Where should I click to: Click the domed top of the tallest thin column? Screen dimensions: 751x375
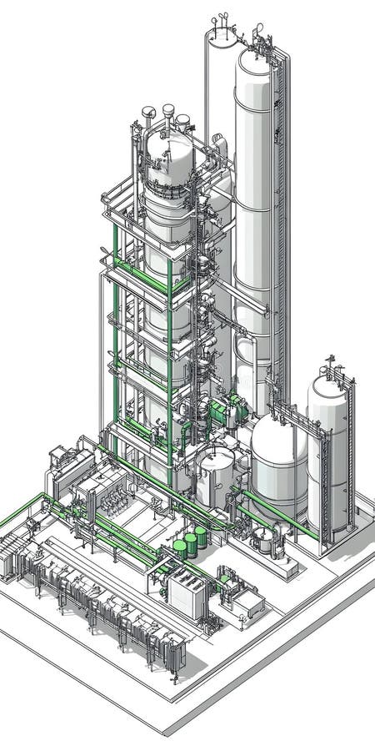coord(222,34)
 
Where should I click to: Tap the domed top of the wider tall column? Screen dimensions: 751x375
coord(254,63)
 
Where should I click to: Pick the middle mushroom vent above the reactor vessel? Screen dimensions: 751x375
coord(167,110)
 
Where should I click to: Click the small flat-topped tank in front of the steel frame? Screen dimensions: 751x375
coord(217,471)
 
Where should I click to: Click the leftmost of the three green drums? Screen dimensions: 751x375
coord(180,548)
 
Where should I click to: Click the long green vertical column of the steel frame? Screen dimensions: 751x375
coord(170,367)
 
